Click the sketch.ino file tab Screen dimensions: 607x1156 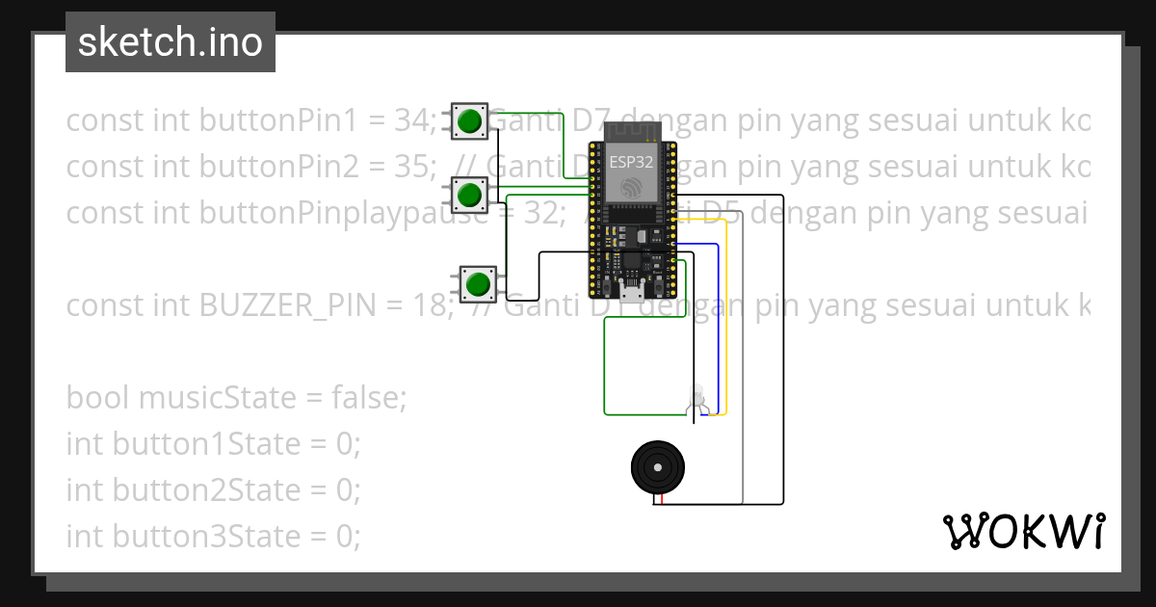click(x=170, y=42)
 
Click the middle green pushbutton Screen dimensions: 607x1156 click(x=470, y=195)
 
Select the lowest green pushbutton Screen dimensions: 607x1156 click(x=477, y=284)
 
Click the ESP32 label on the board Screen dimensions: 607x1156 click(x=631, y=163)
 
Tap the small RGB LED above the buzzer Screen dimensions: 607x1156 click(x=698, y=399)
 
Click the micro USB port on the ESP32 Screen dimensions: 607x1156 click(x=632, y=293)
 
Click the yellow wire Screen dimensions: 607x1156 click(x=725, y=328)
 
